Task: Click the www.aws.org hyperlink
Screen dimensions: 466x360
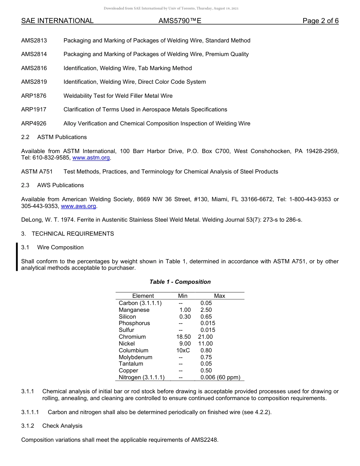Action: tap(78, 206)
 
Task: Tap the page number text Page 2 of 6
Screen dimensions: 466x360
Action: tap(320, 21)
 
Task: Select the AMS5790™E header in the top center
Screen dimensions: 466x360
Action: tap(180, 21)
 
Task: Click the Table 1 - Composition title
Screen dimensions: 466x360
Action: tap(180, 282)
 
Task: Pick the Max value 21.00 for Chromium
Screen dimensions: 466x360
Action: tap(205, 337)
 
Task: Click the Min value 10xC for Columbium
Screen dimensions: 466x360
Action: tap(183, 350)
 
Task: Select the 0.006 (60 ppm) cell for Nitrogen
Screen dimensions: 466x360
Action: tap(220, 377)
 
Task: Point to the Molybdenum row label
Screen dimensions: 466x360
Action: tap(135, 357)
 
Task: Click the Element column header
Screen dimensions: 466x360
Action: tap(143, 296)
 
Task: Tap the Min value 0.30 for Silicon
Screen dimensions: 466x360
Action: tap(185, 317)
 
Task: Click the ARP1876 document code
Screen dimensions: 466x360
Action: tap(34, 96)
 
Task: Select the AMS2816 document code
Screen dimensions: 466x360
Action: tap(34, 68)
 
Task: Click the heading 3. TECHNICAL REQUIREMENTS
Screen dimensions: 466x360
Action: tap(67, 234)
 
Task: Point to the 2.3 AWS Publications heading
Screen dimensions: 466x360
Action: tap(53, 185)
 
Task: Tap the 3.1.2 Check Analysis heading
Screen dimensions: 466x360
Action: tap(52, 426)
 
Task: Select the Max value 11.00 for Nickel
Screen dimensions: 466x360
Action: tap(205, 344)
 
